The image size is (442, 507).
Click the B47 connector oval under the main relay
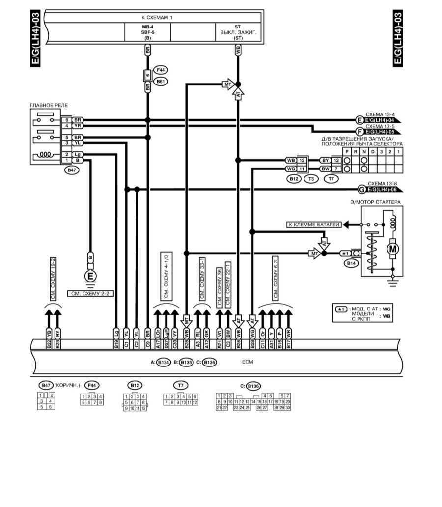coord(72,170)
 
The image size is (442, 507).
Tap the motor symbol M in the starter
coord(393,249)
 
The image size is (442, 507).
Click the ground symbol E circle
coord(90,276)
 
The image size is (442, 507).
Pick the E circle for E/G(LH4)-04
coord(360,119)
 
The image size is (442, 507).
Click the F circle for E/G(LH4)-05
coord(360,131)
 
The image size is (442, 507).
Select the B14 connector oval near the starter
coord(351,264)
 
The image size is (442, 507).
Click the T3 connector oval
coord(311,179)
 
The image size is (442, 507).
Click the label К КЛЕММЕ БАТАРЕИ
coord(314,225)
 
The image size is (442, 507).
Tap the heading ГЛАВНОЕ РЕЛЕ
coord(49,105)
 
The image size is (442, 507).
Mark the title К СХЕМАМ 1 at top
coord(157,17)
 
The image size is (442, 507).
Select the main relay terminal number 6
coord(66,120)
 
